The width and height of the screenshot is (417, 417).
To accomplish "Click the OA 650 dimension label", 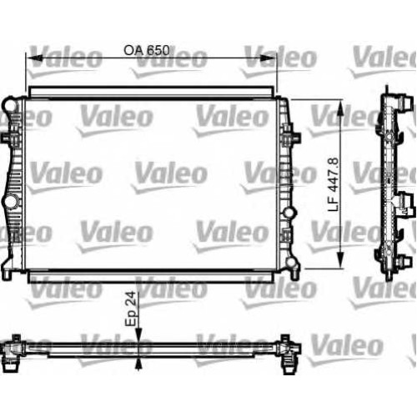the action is coord(146,50).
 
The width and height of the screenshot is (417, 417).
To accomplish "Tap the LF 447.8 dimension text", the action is coord(334,183).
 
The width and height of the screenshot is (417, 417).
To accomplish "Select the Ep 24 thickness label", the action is coord(131,309).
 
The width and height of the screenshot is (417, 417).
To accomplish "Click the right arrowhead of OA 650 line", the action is coord(267,58).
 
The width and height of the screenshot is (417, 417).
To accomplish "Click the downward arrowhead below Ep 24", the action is coord(138,334).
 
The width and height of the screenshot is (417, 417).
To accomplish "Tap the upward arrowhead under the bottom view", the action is coord(138,363).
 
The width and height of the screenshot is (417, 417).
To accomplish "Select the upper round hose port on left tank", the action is coord(10,105).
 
